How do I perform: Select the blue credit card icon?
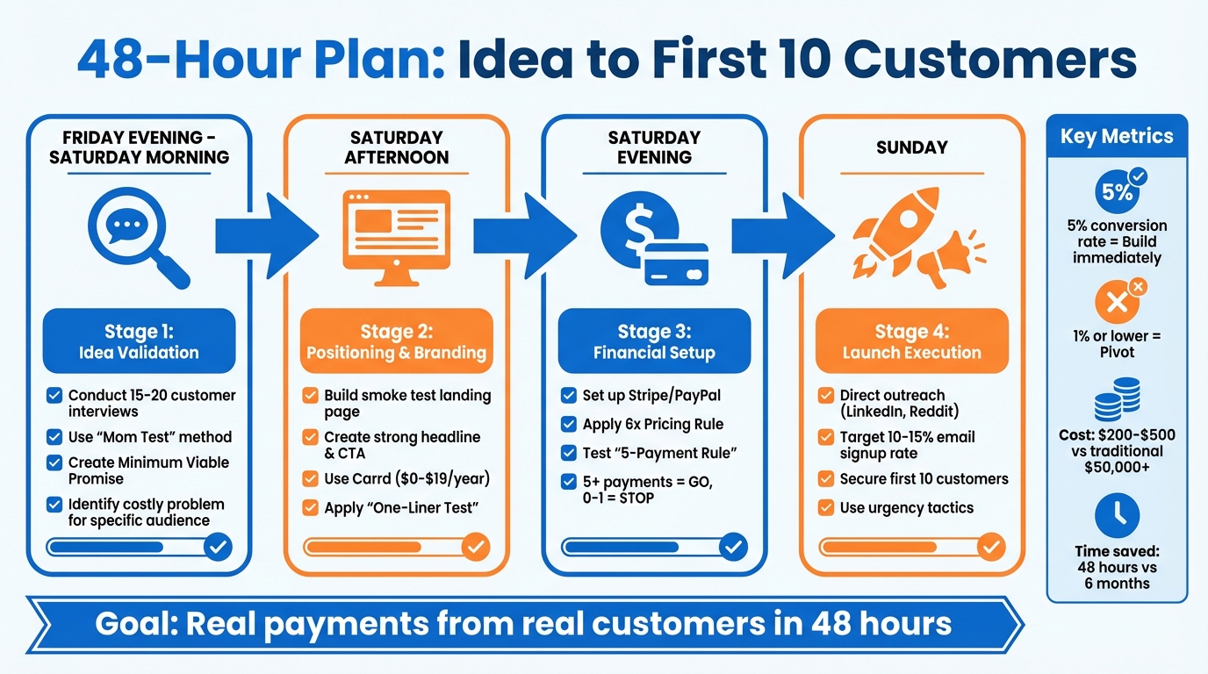676,263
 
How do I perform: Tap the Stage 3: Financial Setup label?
654,341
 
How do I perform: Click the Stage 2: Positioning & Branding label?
396,341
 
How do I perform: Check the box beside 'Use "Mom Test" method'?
54,437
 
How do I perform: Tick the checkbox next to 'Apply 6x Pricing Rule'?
569,425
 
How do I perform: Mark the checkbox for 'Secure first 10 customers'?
825,479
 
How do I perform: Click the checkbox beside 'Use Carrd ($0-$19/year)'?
310,479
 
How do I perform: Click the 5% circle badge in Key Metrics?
1117,192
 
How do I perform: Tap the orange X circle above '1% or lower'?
1117,303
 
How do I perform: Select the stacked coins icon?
1117,400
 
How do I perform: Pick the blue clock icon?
1117,515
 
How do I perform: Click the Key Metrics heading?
1117,136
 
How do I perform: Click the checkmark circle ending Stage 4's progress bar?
991,548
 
